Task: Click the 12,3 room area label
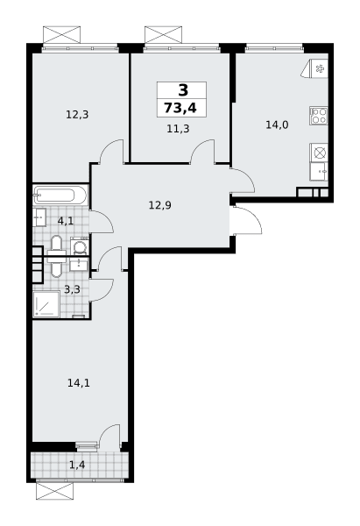click(x=77, y=115)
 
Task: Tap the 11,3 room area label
click(x=178, y=129)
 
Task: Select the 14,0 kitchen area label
click(x=277, y=125)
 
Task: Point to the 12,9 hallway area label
click(x=160, y=205)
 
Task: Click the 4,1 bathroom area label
click(x=66, y=221)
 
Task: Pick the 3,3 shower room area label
click(x=72, y=289)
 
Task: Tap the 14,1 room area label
click(x=79, y=383)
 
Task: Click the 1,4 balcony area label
click(x=77, y=465)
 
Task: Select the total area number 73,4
click(x=180, y=109)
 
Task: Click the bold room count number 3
click(x=183, y=90)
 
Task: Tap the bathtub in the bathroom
click(x=60, y=195)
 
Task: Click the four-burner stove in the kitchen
click(x=319, y=116)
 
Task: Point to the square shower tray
click(x=46, y=304)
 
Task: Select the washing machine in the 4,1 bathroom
click(x=80, y=247)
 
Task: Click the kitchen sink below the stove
click(x=319, y=172)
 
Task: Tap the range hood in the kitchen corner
click(x=315, y=69)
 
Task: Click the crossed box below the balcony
click(x=54, y=492)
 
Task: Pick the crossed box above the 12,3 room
click(x=62, y=34)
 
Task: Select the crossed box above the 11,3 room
click(x=164, y=34)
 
